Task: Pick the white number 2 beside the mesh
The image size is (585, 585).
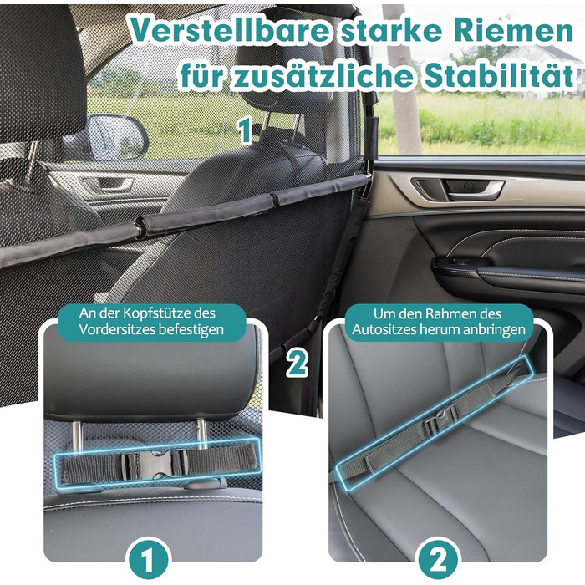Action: tap(297, 363)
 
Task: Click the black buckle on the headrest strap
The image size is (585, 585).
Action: tap(154, 465)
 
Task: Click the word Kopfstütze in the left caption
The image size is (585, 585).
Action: tap(155, 313)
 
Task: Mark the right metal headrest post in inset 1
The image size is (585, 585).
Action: tap(202, 434)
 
